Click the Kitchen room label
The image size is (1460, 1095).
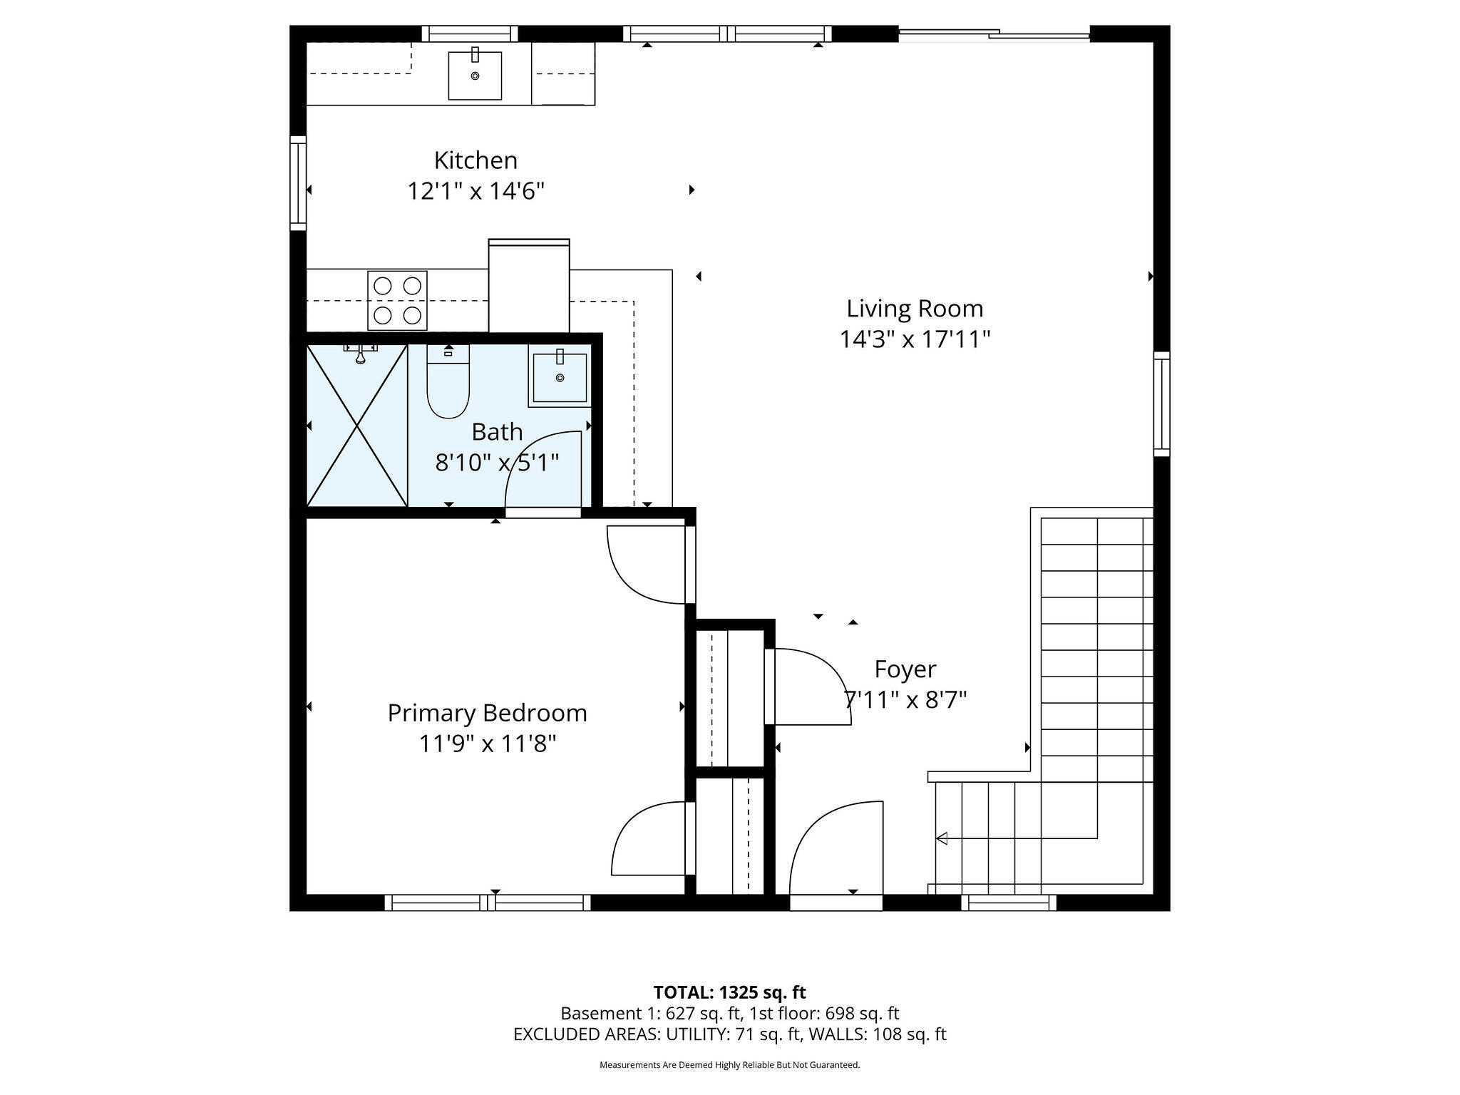coord(475,160)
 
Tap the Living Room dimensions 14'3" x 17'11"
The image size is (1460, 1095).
coord(915,339)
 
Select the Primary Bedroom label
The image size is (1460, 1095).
coord(487,713)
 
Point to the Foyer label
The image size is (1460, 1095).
coord(905,669)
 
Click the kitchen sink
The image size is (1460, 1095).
coord(475,75)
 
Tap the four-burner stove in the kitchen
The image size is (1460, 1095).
coord(397,300)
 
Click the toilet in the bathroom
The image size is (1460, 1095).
coord(448,381)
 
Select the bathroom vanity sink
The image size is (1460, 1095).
coord(560,376)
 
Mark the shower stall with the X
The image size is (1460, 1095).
coord(356,426)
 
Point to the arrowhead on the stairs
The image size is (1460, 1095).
coord(942,838)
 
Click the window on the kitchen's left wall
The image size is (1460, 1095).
coord(298,183)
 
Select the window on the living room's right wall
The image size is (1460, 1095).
coord(1162,403)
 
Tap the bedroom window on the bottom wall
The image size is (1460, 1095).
coord(488,903)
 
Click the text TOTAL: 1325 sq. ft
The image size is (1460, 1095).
coord(730,992)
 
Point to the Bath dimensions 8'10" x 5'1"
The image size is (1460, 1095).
coord(497,463)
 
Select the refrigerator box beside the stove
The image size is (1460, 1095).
coord(529,285)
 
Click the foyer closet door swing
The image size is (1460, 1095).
coord(808,687)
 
